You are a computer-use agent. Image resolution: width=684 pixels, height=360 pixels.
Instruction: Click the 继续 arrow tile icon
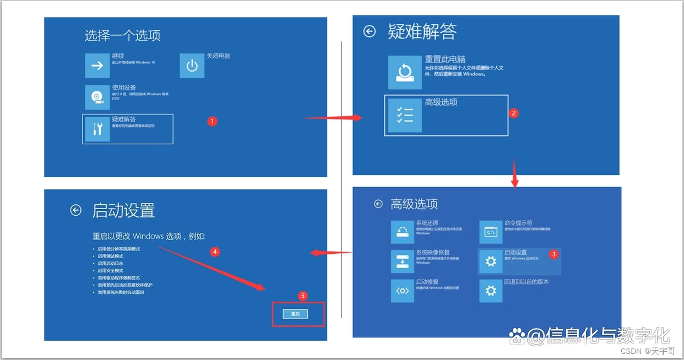click(x=97, y=66)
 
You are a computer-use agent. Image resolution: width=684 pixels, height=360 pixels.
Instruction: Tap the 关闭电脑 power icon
click(x=192, y=66)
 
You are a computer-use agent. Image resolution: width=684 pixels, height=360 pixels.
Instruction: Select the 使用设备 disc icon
click(x=97, y=97)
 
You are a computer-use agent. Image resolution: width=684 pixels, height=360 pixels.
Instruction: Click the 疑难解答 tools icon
click(x=97, y=129)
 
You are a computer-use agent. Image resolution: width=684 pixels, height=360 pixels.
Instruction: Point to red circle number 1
click(x=213, y=121)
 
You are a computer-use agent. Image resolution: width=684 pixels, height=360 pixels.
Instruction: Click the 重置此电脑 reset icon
click(x=405, y=72)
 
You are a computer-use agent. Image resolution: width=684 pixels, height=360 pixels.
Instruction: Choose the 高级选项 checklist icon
click(x=405, y=115)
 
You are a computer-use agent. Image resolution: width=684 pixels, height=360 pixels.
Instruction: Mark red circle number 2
click(x=513, y=113)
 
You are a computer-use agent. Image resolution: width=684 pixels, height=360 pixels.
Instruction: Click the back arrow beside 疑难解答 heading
click(x=370, y=31)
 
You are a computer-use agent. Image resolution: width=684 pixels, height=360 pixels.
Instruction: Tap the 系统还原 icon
click(x=402, y=232)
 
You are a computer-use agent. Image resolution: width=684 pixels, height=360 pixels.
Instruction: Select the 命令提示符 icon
click(x=490, y=232)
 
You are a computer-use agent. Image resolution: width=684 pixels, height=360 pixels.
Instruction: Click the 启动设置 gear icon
click(x=490, y=261)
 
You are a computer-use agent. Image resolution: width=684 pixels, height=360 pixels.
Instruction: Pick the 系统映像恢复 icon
click(x=402, y=261)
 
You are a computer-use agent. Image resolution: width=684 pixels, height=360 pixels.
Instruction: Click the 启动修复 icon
click(x=402, y=291)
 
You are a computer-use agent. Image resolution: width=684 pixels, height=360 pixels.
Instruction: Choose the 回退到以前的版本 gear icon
click(x=490, y=291)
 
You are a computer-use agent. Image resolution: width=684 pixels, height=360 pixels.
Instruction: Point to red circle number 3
click(x=554, y=254)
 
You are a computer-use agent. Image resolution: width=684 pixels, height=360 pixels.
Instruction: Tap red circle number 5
click(x=302, y=296)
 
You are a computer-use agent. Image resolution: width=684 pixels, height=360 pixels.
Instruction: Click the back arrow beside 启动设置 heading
click(x=76, y=210)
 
